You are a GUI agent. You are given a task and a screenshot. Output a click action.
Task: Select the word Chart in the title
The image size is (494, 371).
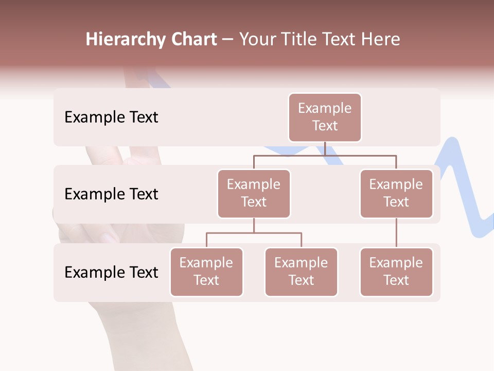point(194,39)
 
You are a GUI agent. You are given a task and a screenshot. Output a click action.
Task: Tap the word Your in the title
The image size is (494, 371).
point(258,39)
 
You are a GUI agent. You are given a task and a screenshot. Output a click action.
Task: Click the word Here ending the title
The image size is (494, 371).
point(380,39)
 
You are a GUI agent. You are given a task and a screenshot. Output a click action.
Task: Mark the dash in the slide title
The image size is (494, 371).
point(227,40)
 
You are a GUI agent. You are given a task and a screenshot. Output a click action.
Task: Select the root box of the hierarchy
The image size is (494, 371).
point(325,117)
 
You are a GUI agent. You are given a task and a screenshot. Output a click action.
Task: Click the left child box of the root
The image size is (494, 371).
point(254,194)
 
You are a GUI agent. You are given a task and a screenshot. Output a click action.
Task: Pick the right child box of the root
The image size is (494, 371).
point(396,194)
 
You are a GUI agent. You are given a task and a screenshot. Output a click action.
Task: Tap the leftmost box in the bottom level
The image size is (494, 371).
point(206,272)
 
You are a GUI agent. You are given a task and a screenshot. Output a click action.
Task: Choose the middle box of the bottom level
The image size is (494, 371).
point(301,272)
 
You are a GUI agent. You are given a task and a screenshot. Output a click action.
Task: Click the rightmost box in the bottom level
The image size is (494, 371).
point(396,272)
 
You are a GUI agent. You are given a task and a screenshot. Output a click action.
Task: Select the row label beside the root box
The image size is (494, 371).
point(111,117)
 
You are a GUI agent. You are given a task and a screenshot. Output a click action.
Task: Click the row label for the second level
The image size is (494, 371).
point(111,194)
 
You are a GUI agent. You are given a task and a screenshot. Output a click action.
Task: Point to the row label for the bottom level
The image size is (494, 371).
point(111,273)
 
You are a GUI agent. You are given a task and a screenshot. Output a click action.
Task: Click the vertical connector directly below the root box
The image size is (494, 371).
point(325,148)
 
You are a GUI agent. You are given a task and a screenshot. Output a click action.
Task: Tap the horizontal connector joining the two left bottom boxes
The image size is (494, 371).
point(254,233)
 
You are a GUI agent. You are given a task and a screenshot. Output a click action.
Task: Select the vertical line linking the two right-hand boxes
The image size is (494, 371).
point(396,233)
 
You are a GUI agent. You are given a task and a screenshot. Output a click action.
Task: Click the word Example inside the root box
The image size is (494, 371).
point(325,108)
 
